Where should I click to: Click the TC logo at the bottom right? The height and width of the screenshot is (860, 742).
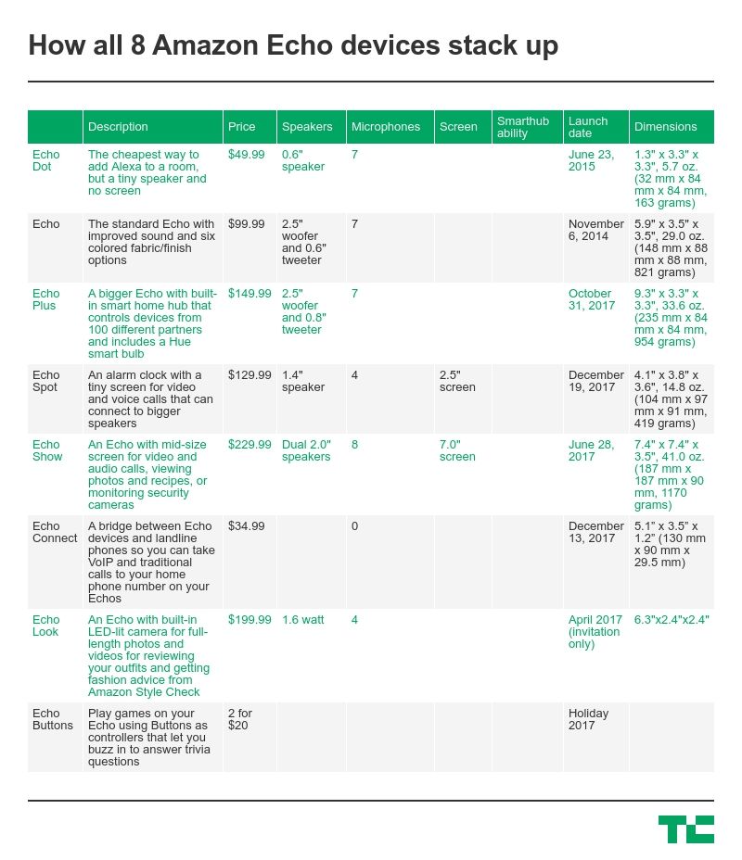point(685,828)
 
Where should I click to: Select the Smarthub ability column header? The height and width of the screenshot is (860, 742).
point(523,127)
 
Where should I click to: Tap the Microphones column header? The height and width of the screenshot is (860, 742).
point(385,127)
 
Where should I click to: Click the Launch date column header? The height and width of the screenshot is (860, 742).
point(588,127)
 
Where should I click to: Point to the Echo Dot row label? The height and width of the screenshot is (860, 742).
point(45,160)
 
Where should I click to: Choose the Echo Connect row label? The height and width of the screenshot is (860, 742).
point(55,532)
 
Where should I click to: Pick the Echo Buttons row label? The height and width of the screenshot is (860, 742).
point(52,719)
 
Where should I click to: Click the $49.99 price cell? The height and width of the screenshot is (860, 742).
point(246,155)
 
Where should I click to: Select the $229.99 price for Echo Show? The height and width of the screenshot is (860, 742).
point(249,445)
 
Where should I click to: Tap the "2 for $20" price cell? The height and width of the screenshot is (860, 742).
point(240,719)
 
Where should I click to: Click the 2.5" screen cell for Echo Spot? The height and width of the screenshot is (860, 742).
point(457,381)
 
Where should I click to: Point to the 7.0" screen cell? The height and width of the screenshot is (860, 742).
point(457,450)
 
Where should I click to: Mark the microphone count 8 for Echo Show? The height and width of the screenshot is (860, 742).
point(354,445)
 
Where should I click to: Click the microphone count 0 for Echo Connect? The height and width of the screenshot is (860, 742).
point(354,526)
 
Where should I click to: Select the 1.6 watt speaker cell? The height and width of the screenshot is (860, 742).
point(302,620)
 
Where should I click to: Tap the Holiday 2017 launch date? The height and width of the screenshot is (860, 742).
point(588,719)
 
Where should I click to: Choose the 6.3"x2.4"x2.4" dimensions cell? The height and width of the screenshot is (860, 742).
point(672,620)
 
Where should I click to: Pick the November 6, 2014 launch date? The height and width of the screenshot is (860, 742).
point(595,230)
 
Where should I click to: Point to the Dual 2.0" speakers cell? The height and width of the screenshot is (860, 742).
point(306,450)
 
